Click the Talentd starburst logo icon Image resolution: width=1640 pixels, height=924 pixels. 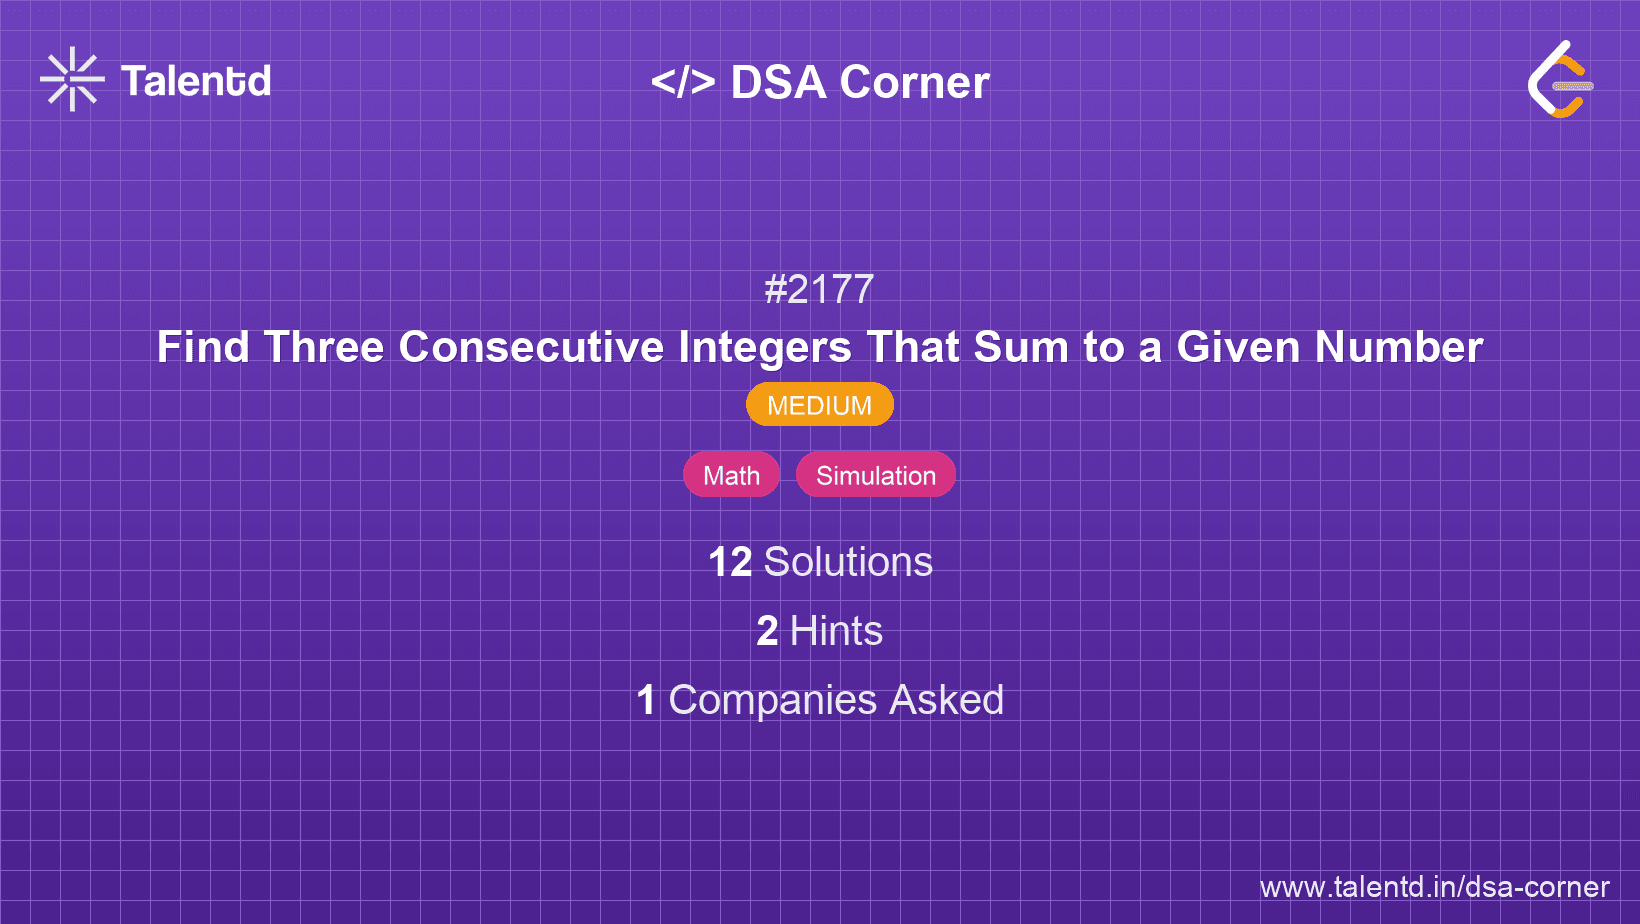click(x=72, y=79)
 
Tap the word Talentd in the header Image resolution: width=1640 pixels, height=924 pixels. click(x=196, y=81)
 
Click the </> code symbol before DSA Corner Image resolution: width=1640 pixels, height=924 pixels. click(x=683, y=82)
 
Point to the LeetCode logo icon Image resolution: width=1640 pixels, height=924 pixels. click(x=1560, y=79)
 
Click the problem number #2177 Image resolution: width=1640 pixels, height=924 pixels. click(x=819, y=290)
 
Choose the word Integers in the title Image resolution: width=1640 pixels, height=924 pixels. click(x=765, y=347)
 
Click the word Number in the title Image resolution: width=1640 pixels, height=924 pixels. click(x=1398, y=347)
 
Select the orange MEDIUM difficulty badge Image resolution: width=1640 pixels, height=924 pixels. click(x=819, y=405)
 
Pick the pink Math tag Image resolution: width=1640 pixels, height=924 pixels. click(x=731, y=475)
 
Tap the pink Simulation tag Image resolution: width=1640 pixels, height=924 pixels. click(x=875, y=475)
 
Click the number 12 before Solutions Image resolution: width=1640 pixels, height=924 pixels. click(x=730, y=562)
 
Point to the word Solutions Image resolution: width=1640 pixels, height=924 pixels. click(x=848, y=562)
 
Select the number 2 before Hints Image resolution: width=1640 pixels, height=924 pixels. click(x=767, y=631)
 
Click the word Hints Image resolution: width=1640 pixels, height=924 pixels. click(x=836, y=631)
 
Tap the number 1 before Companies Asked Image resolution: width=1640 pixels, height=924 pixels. click(x=646, y=700)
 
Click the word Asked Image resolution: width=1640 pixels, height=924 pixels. click(x=946, y=700)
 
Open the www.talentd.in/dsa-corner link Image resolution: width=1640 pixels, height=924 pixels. click(x=1434, y=887)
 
